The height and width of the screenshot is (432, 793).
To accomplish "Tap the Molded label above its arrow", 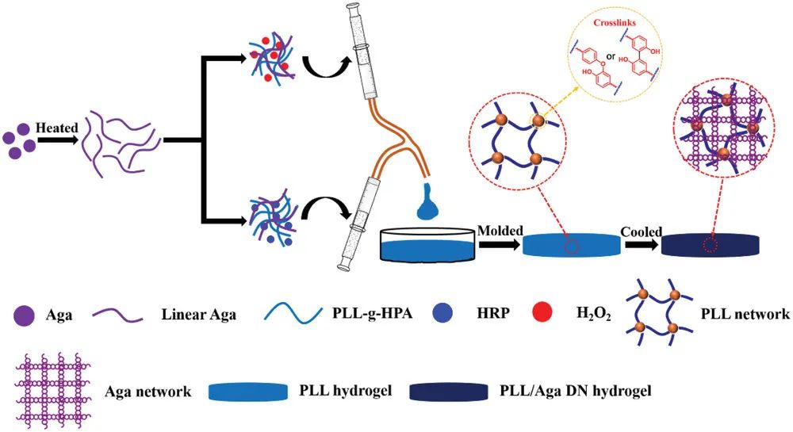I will point(500,229).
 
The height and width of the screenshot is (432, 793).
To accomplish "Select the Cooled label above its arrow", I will point(642,229).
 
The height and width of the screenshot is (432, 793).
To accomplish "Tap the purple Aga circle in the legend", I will point(25,315).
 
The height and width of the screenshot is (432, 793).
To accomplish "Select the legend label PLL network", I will point(745,315).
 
